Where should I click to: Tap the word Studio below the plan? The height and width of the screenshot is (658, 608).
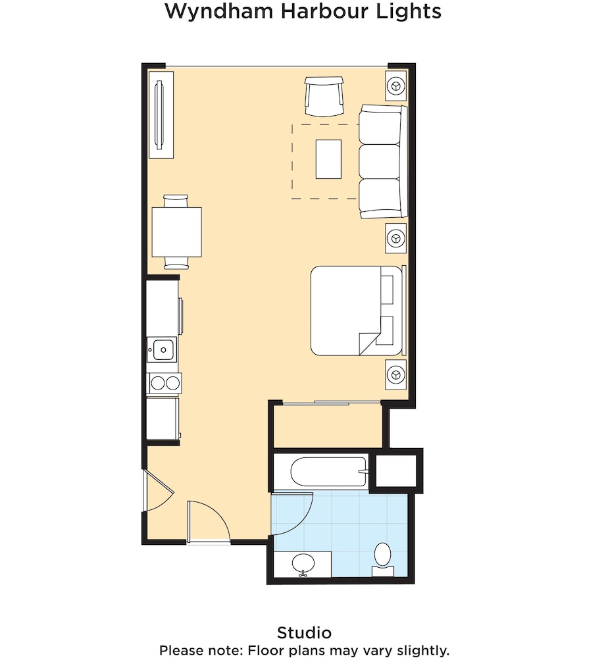(304, 633)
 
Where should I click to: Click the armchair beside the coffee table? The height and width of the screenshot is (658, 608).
(324, 95)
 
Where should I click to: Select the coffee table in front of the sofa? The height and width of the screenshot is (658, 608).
(328, 159)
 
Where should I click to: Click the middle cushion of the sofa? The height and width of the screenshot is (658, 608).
(380, 161)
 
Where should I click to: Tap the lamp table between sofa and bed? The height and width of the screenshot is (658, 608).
(395, 237)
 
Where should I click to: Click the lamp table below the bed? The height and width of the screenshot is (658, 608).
(395, 374)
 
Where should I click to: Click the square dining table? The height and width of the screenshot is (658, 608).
(176, 232)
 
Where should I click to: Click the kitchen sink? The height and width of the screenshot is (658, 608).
(161, 349)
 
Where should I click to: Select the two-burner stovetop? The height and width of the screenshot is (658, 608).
(164, 382)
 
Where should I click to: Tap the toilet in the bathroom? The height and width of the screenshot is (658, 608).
(382, 558)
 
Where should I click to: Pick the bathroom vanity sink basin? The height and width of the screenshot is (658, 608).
(303, 563)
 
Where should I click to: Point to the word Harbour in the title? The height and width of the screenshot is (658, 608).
(307, 12)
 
